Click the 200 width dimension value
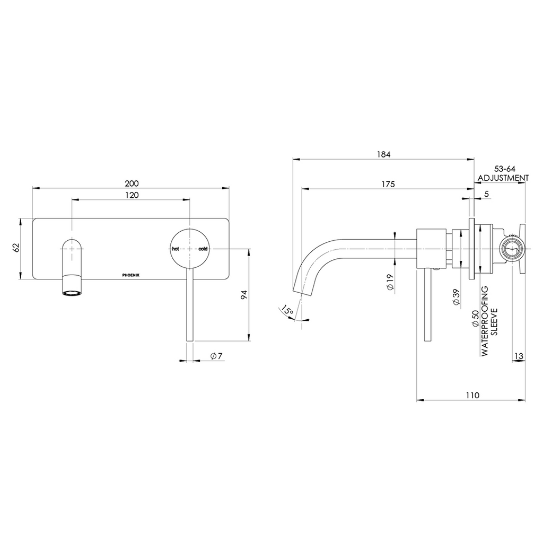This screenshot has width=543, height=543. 132,183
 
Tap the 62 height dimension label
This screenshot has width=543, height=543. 16,248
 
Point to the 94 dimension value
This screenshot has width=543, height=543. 244,295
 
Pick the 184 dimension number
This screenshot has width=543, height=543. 383,154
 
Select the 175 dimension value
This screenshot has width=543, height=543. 388,184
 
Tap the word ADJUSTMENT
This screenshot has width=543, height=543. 503,178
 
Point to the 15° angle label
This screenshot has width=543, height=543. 287,311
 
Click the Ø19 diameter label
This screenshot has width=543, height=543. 390,282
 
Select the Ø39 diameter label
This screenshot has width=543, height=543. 456,298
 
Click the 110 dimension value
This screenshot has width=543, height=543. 472,395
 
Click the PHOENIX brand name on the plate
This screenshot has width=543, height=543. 133,275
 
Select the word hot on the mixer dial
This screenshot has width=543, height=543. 176,249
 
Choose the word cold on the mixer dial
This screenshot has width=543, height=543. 204,249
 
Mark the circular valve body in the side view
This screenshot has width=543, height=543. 512,248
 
